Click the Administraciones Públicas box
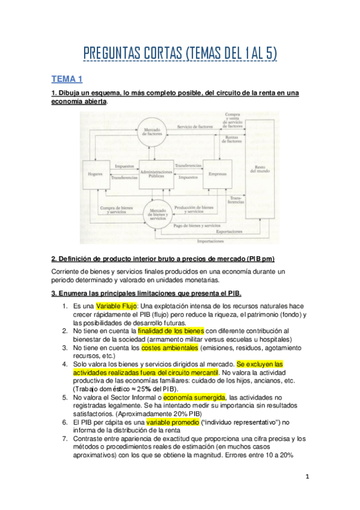point(156,173)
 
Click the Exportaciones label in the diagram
point(230,230)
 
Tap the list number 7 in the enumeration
point(66,439)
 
